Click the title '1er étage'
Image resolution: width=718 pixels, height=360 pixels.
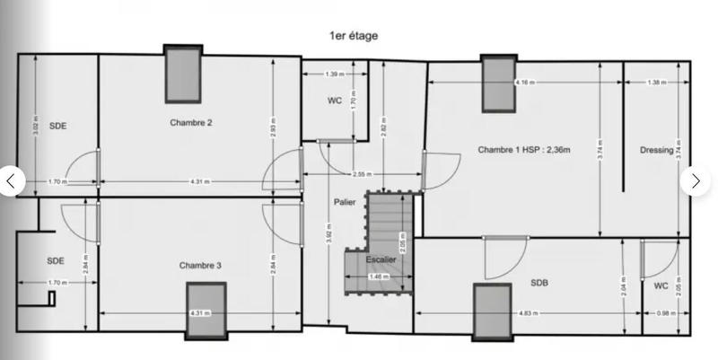[354, 36]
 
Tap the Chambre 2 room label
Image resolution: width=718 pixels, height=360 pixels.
[190, 123]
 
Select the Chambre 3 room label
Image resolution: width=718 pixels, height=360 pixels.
[199, 265]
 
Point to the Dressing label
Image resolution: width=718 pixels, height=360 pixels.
[657, 150]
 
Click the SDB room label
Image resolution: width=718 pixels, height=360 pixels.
[539, 283]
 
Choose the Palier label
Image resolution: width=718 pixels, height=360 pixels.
[345, 202]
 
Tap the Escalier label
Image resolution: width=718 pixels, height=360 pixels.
[381, 259]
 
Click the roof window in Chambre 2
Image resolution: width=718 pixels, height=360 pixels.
[182, 74]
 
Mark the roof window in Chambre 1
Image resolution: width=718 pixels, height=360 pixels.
[496, 83]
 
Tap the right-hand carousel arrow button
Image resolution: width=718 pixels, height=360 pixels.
[696, 180]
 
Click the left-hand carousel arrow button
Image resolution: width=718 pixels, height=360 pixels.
[11, 180]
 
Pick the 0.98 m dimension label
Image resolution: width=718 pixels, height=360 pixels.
[661, 313]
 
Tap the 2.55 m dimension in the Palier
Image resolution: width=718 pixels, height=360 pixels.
[363, 174]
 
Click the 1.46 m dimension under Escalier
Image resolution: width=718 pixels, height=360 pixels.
[379, 277]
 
